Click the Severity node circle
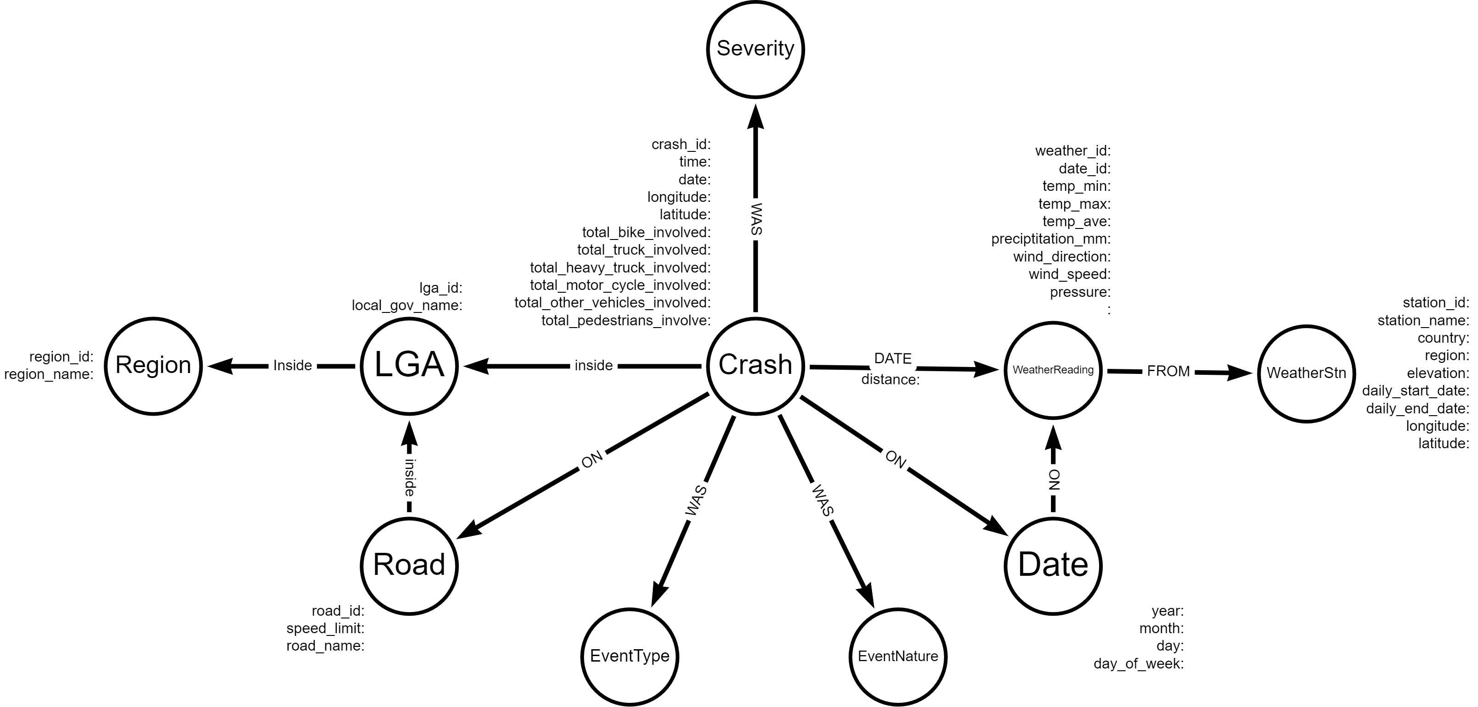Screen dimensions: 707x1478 [x=755, y=50]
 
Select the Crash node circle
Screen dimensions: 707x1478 [x=755, y=366]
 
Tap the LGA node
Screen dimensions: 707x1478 [x=409, y=366]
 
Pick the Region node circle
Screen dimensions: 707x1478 [x=153, y=366]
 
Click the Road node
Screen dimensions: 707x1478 [x=409, y=566]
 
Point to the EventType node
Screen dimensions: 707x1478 [x=629, y=657]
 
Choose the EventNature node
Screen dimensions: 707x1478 [x=897, y=657]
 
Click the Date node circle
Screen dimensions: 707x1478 [x=1053, y=566]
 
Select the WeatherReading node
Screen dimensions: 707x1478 [x=1053, y=370]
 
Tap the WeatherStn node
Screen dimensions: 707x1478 [x=1306, y=373]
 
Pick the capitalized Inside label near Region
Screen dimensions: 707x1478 [x=293, y=366]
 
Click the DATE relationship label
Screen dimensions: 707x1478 [x=893, y=359]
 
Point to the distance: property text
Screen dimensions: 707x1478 [x=890, y=380]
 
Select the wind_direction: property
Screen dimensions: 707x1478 [x=1061, y=256]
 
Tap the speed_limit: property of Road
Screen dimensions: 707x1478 [x=325, y=629]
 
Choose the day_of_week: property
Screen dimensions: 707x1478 [x=1139, y=664]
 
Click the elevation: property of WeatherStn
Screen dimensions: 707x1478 [x=1437, y=373]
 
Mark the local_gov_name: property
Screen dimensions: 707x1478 [x=407, y=305]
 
